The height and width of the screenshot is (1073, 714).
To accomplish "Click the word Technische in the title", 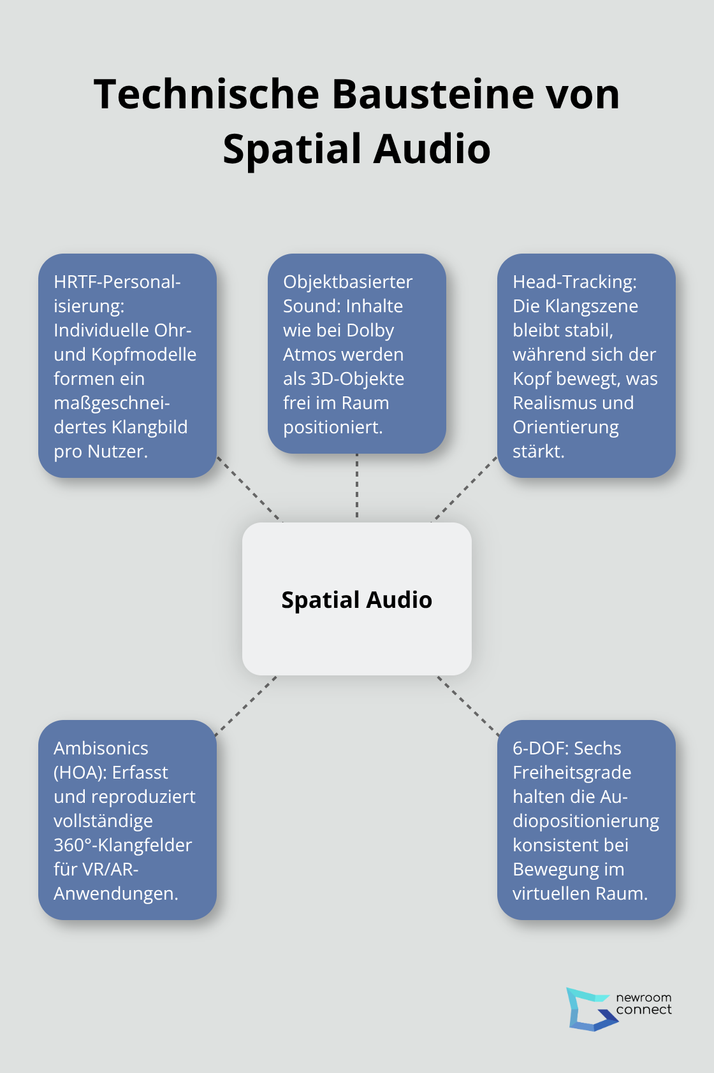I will pos(206,94).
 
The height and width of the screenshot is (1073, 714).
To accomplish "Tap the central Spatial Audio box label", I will pos(356,600).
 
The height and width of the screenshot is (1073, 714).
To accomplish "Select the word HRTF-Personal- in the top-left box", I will pos(117,282).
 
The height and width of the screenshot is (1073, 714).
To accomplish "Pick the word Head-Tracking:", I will pos(574,282).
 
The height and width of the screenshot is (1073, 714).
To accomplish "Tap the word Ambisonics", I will pos(101,748).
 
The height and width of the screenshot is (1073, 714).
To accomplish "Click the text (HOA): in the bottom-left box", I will pos(80,772).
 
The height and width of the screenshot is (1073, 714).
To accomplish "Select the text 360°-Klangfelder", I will pos(122,845).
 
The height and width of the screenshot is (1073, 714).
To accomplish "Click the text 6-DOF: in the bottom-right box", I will pos(535,748).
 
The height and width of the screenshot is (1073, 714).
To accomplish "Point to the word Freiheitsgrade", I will pos(572,772).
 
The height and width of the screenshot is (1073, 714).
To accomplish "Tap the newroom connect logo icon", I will pos(590,1009).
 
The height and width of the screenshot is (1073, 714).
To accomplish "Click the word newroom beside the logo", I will pos(643,997).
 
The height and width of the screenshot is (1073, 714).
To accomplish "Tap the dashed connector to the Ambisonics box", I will pos(246,705).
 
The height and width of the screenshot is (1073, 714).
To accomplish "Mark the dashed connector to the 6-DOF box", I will pos(468,705).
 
